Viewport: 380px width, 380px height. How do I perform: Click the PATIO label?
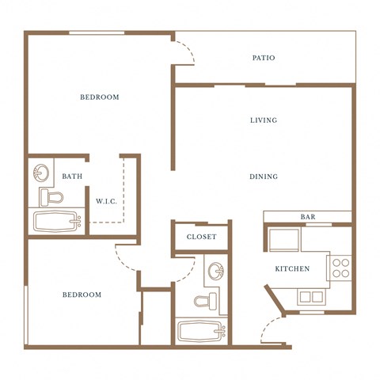[x=264, y=58]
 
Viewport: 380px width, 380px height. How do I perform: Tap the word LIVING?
[x=264, y=120]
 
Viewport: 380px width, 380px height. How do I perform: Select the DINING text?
[x=264, y=177]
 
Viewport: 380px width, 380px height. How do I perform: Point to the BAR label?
[x=308, y=217]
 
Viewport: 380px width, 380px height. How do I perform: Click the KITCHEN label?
[x=292, y=269]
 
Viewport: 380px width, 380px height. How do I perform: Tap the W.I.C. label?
[x=106, y=201]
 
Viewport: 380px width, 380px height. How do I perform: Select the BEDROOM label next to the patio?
[x=100, y=97]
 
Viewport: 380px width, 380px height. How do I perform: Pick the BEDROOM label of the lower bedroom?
[x=82, y=294]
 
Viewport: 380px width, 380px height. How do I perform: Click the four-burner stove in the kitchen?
[x=340, y=268]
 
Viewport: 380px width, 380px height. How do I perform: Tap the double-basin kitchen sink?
[x=310, y=297]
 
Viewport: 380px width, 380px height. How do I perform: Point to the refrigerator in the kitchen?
[x=283, y=239]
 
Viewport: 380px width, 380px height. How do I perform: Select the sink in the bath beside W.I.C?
[x=41, y=172]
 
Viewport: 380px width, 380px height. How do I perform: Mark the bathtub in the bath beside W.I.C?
[x=57, y=222]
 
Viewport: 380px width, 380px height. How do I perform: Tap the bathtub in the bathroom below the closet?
[x=202, y=329]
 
